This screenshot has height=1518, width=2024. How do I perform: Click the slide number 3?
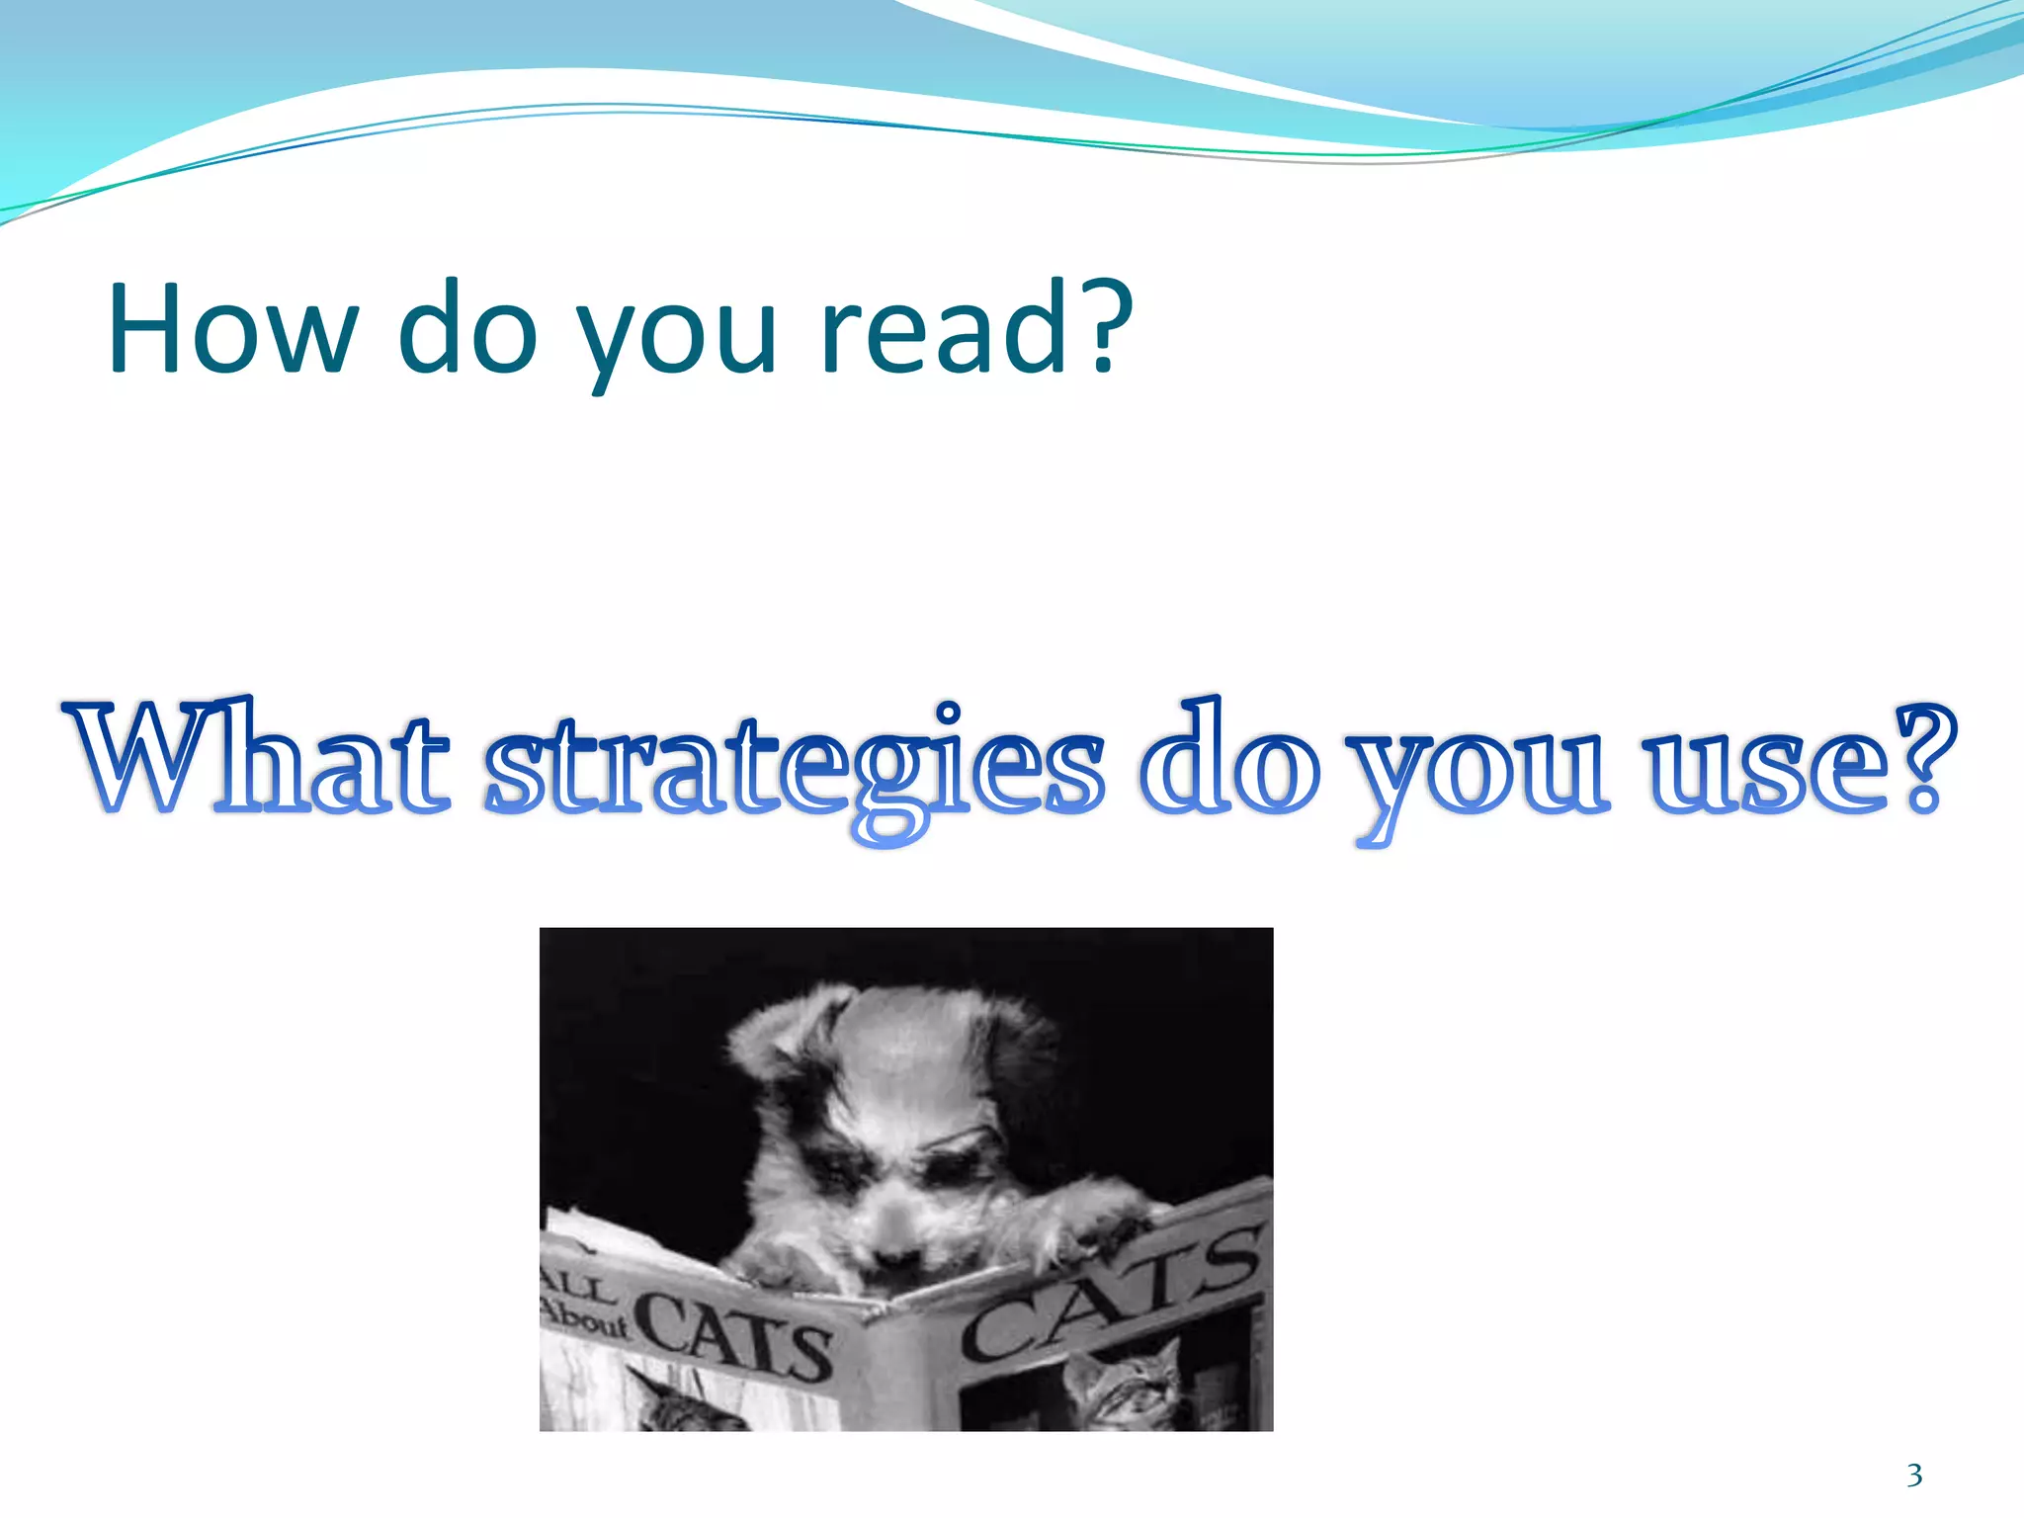coord(1914,1476)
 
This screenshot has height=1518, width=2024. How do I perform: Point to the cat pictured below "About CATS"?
coord(682,1403)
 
